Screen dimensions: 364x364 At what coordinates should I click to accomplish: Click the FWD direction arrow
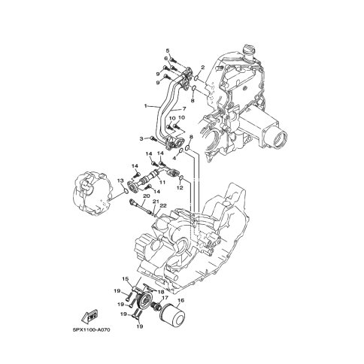[89, 317]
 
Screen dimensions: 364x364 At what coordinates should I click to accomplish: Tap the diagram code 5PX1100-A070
[90, 329]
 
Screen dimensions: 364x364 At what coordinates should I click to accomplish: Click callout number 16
[180, 300]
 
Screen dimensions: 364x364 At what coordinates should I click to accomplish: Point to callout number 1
[145, 107]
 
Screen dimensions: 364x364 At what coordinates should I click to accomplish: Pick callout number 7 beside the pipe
[184, 109]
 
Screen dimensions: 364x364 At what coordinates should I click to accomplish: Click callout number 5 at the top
[168, 51]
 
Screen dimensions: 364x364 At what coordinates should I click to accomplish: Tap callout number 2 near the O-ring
[202, 67]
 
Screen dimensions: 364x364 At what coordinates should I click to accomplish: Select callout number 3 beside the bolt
[141, 138]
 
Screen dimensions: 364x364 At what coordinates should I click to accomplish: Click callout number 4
[174, 159]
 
